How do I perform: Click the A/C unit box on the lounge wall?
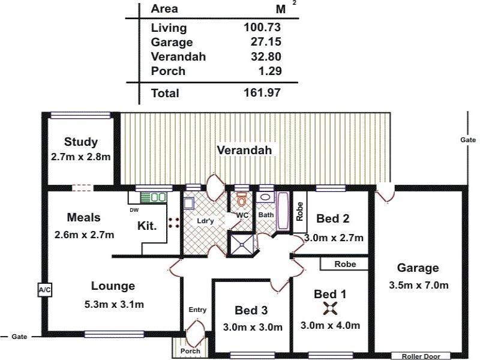click(x=44, y=290)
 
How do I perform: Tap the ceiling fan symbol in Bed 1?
click(x=331, y=308)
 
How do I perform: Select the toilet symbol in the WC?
click(x=242, y=199)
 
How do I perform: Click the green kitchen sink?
click(x=154, y=197)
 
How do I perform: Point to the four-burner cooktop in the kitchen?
click(x=174, y=223)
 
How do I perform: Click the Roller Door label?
click(x=421, y=356)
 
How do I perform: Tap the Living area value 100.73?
click(x=262, y=27)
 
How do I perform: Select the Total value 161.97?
click(x=262, y=92)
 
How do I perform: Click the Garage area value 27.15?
click(x=266, y=41)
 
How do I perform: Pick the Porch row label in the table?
click(x=168, y=71)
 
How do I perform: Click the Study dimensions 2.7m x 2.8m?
click(x=80, y=157)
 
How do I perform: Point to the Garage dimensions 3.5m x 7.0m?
click(x=418, y=286)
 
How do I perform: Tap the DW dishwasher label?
click(x=134, y=210)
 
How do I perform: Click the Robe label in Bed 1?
click(x=345, y=264)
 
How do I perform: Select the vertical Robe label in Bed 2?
click(x=299, y=211)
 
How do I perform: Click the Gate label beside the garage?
click(x=468, y=140)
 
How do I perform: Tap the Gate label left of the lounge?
click(x=19, y=337)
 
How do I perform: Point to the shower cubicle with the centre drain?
click(x=242, y=244)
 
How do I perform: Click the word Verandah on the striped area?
click(x=244, y=150)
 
